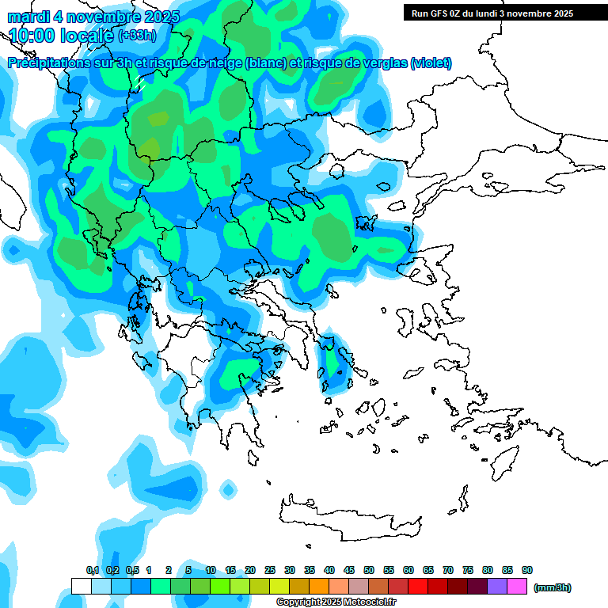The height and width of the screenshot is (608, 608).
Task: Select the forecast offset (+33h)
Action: click(138, 36)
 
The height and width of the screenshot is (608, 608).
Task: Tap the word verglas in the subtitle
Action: click(384, 63)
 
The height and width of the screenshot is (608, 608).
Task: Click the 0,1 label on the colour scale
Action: click(93, 571)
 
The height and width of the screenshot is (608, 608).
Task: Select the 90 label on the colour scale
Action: click(527, 571)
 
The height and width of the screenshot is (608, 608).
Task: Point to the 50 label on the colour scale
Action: click(369, 571)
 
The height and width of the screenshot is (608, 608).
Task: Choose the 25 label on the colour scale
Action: click(270, 571)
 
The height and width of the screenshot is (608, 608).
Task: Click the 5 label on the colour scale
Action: click(188, 571)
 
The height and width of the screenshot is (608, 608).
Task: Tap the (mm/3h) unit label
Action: click(553, 587)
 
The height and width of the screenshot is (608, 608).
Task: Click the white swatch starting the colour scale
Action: click(81, 587)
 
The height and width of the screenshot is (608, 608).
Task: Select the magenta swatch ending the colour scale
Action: click(517, 587)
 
